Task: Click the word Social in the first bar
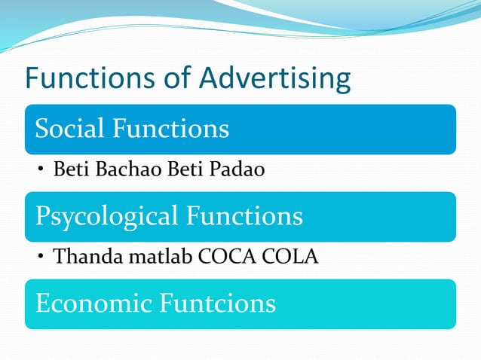pos(69,129)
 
